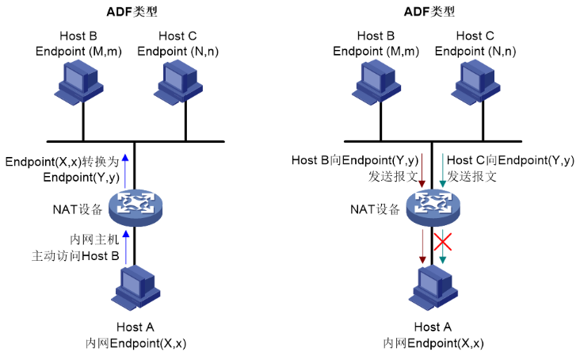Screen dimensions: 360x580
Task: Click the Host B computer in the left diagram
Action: (x=82, y=80)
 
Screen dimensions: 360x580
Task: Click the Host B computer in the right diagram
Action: (x=380, y=80)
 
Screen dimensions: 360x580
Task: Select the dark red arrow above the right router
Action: (x=422, y=170)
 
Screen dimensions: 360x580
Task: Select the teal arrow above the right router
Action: (x=442, y=170)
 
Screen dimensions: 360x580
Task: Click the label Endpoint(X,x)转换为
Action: (x=62, y=161)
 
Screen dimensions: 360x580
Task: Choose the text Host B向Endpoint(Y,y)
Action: (x=355, y=161)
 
